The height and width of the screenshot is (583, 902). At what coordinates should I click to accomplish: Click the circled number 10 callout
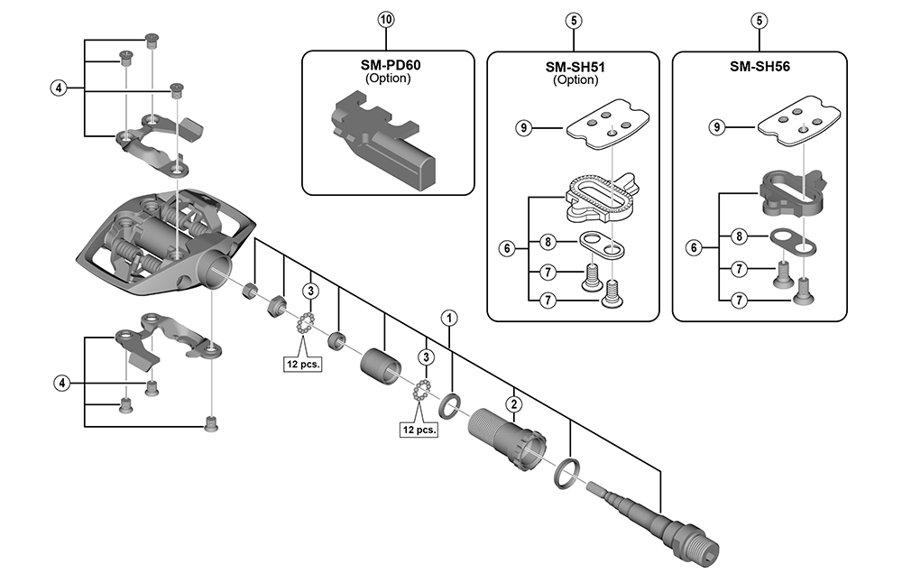386,20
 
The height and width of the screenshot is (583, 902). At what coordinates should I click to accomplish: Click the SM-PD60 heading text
390,65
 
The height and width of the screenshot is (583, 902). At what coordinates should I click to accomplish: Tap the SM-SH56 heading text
759,66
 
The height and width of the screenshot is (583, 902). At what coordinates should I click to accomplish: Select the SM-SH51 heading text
575,67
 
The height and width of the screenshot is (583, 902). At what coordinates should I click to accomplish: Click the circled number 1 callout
449,318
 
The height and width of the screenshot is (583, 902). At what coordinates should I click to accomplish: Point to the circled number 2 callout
514,404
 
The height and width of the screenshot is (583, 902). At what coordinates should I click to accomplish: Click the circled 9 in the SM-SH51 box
523,127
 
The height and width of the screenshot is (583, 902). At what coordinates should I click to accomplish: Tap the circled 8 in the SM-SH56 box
739,236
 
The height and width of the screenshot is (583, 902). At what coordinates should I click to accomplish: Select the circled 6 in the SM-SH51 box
507,248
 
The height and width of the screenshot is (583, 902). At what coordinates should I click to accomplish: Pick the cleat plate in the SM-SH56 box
799,123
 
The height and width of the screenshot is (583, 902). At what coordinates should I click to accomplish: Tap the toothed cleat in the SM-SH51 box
602,198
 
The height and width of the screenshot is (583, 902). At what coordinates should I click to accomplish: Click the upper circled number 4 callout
58,88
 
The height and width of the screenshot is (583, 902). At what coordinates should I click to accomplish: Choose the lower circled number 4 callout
61,383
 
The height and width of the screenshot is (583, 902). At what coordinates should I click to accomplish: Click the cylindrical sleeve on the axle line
380,365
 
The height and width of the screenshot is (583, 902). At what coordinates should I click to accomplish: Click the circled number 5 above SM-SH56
759,22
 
